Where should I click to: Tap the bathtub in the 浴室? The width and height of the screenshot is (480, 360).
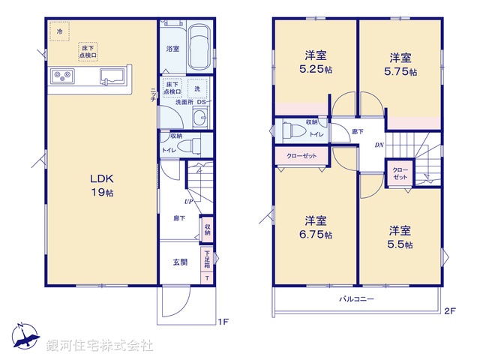[x=199, y=46]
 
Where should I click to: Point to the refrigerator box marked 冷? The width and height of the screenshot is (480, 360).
[x=58, y=31]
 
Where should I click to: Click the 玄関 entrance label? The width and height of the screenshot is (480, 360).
[x=180, y=262]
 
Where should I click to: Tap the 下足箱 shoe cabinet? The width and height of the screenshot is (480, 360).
[x=207, y=259]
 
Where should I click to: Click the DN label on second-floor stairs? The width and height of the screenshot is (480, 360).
[x=379, y=146]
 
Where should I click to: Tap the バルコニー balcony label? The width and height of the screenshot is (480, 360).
[x=356, y=298]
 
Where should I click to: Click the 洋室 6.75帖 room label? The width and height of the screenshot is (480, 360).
[x=314, y=227]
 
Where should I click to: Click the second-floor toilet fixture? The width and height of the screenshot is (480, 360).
[x=293, y=132]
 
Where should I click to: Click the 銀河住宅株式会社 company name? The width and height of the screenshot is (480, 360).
[x=100, y=346]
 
